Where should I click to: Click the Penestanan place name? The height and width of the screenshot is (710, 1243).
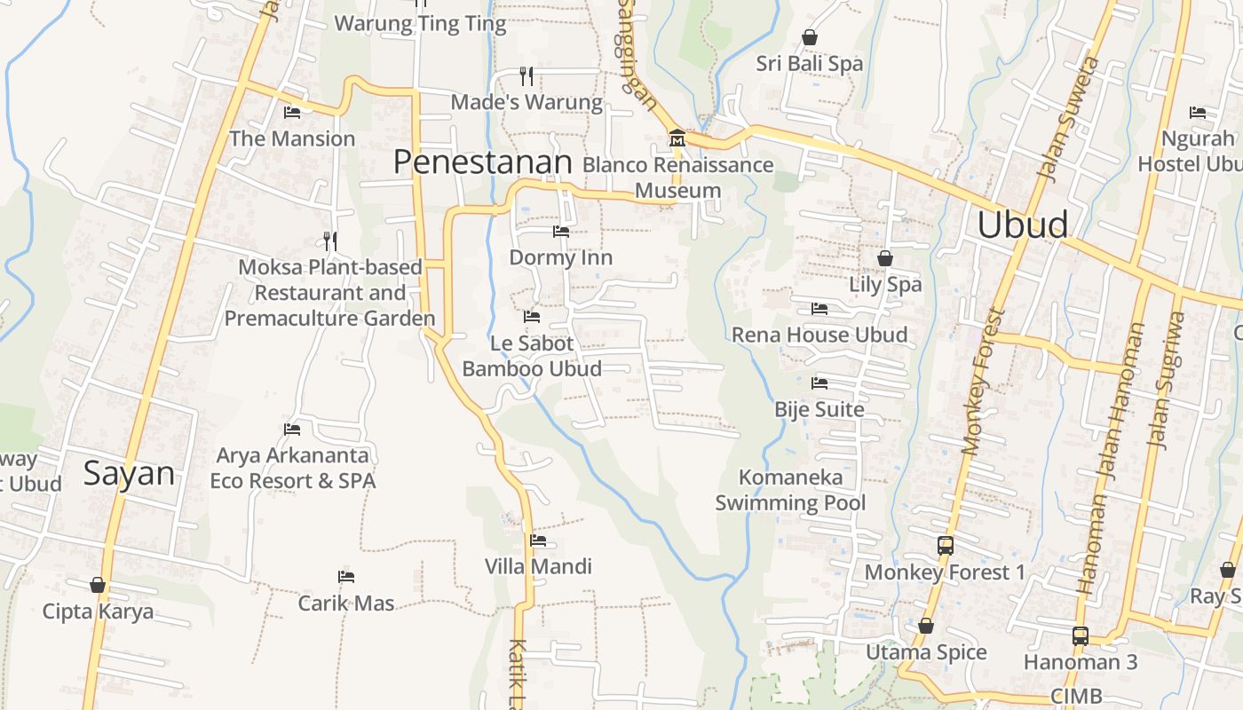click(x=482, y=162)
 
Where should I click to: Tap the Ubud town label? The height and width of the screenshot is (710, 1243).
click(x=1022, y=225)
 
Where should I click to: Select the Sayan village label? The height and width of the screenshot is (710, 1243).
click(x=129, y=473)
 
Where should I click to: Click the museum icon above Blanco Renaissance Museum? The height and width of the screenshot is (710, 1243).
click(x=677, y=138)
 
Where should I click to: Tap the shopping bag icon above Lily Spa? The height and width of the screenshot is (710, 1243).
click(x=885, y=258)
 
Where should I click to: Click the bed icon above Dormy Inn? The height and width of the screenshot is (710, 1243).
click(x=561, y=232)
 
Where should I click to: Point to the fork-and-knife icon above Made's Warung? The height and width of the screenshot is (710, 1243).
click(x=526, y=75)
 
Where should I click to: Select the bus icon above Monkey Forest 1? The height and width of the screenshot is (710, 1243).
click(x=946, y=546)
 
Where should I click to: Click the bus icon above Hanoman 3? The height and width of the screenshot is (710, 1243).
click(x=1081, y=635)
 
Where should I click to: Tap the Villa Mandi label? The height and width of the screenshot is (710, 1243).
click(x=538, y=566)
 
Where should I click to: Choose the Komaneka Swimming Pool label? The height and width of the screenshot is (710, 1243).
click(x=790, y=490)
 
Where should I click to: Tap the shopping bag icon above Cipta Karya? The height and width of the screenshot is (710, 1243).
click(x=98, y=585)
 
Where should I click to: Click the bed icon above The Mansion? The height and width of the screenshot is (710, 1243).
click(x=292, y=113)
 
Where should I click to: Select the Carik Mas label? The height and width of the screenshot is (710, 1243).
click(x=346, y=603)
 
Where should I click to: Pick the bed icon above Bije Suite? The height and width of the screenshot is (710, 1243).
click(x=819, y=383)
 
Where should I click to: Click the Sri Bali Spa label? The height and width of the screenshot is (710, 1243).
click(x=810, y=64)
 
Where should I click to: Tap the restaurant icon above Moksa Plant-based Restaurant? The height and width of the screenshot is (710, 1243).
click(x=329, y=241)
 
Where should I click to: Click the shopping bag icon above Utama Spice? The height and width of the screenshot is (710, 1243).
click(x=926, y=626)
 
